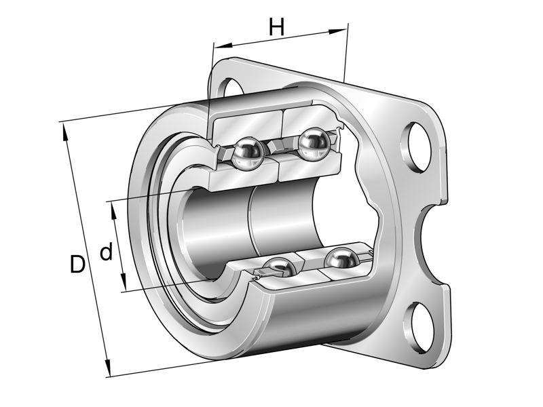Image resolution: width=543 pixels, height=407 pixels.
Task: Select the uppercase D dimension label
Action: pyautogui.click(x=78, y=265)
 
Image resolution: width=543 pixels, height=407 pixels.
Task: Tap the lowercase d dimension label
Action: pyautogui.click(x=107, y=253)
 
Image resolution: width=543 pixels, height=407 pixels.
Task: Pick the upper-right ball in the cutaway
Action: pyautogui.click(x=314, y=143)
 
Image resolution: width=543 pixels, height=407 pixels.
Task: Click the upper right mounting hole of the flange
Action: pyautogui.click(x=416, y=147)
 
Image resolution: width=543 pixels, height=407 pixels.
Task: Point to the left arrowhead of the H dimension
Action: pyautogui.click(x=219, y=46)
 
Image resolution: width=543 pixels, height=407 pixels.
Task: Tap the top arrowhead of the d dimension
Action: pyautogui.click(x=113, y=207)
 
